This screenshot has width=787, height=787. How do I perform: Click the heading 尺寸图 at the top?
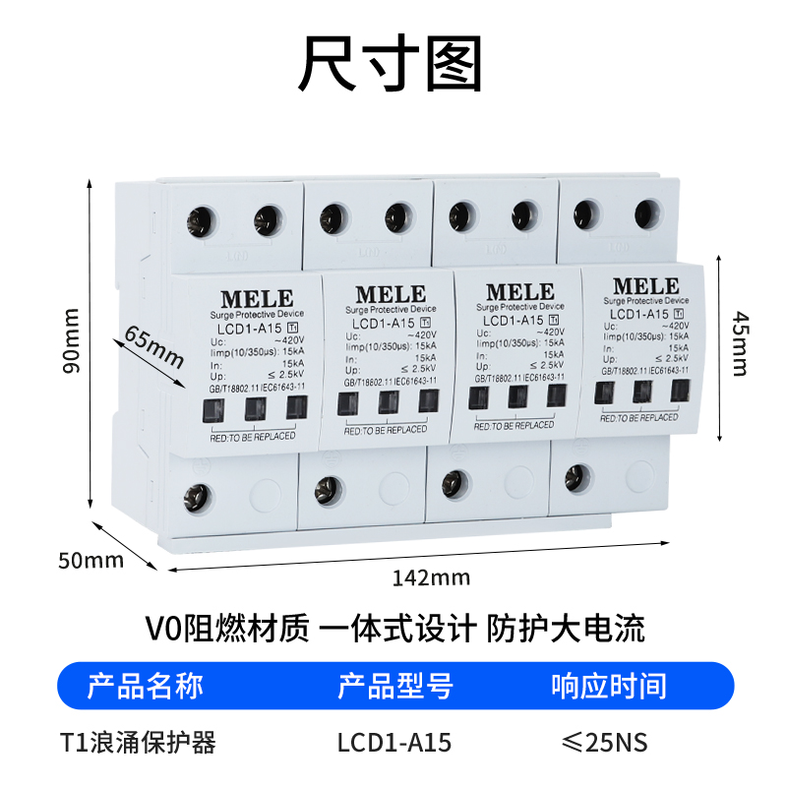click(x=393, y=66)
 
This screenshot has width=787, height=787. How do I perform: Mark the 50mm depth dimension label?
click(x=91, y=561)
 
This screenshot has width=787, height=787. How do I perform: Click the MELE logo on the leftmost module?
click(x=256, y=298)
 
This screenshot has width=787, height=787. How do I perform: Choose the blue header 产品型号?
click(x=395, y=686)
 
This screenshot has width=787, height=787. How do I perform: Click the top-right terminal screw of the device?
click(x=646, y=211)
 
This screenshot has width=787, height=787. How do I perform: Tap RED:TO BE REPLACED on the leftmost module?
click(x=253, y=435)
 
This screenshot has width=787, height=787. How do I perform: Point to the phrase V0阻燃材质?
click(x=226, y=628)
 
